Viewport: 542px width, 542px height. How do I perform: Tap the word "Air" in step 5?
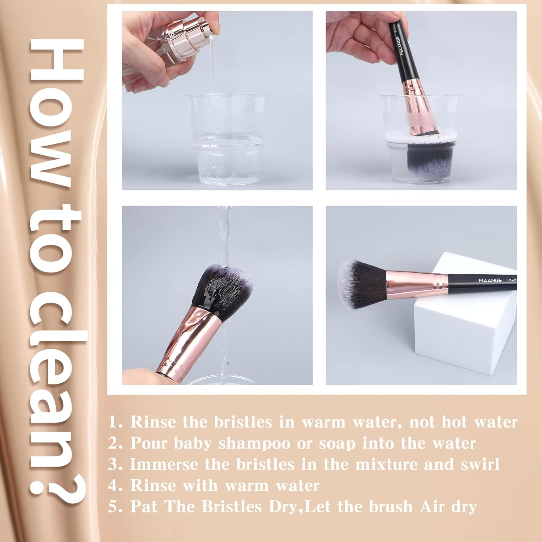(432, 507)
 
